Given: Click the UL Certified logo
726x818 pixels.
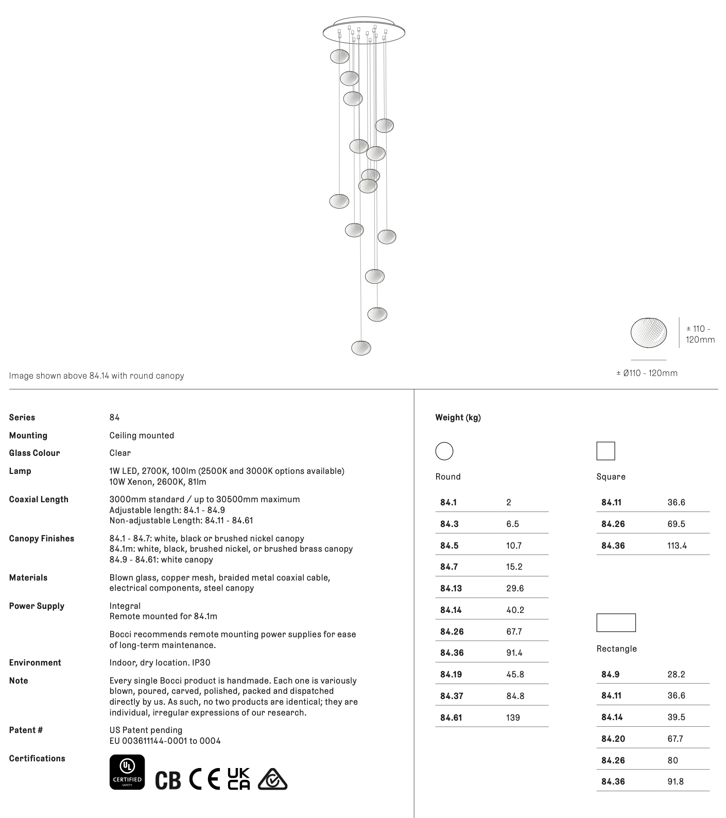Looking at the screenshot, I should click(127, 772).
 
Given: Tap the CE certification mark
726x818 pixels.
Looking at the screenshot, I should click(204, 779).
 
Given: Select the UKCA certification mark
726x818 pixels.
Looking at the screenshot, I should click(239, 779).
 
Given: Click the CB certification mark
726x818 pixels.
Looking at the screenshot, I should click(168, 780).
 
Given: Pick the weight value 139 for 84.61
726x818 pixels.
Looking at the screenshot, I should click(513, 718).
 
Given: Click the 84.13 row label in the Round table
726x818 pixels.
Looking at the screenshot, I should click(451, 588).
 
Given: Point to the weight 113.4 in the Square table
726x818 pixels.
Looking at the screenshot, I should click(677, 546).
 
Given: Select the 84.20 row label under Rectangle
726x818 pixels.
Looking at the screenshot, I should click(613, 739).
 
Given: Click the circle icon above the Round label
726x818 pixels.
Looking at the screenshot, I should click(444, 451).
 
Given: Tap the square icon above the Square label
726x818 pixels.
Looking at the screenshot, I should click(606, 451).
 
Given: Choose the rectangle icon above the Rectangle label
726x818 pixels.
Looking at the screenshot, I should click(616, 623).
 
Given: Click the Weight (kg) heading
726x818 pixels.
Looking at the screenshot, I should click(458, 417).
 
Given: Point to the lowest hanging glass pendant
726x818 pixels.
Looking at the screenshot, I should click(361, 348).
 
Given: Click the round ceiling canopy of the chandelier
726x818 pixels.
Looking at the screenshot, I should click(364, 32).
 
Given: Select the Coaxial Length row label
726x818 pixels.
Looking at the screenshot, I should click(39, 499).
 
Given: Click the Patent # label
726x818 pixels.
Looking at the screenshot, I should click(26, 730).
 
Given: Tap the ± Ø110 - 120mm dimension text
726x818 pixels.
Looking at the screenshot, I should click(647, 373).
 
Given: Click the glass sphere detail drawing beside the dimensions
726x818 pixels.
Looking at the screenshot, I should click(648, 333).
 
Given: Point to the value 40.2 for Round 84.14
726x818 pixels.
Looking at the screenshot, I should click(515, 610).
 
